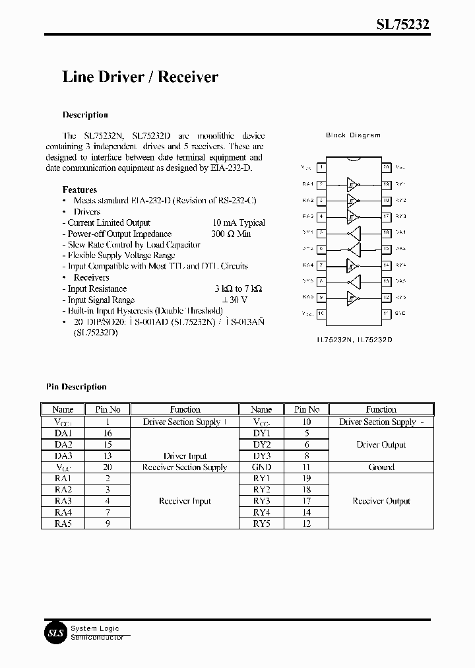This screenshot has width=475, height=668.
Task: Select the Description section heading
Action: [85, 115]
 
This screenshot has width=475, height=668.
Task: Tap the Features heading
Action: [80, 189]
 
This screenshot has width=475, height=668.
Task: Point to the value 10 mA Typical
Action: [239, 223]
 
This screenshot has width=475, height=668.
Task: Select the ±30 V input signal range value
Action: [234, 300]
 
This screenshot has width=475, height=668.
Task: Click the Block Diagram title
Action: [353, 135]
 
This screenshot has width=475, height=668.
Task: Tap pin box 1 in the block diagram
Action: [321, 168]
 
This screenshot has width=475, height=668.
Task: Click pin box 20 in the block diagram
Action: [387, 168]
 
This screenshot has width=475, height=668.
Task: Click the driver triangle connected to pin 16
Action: [355, 232]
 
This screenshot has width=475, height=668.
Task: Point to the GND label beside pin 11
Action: [400, 314]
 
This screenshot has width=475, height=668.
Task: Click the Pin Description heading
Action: [76, 387]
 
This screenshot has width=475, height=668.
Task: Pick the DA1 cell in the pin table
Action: [63, 434]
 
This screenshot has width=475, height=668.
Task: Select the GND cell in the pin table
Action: [262, 467]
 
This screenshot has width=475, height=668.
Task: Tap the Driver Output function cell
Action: [381, 445]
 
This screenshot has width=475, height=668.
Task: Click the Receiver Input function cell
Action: [185, 501]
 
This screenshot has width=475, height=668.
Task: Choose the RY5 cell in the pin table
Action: [262, 523]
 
